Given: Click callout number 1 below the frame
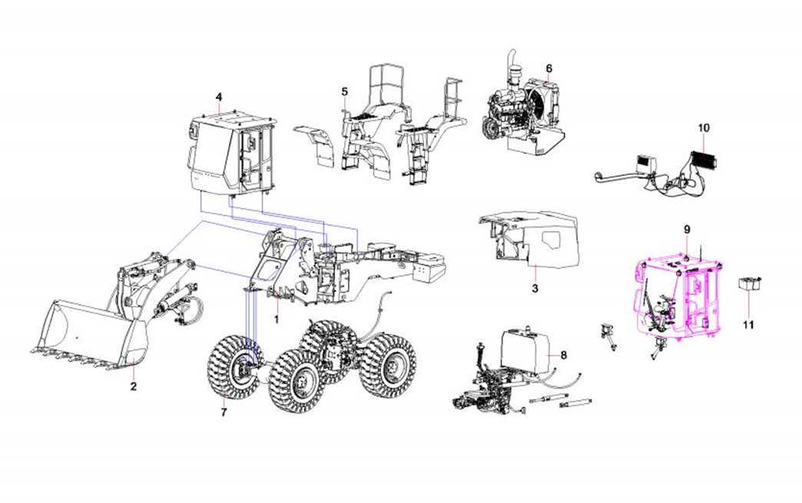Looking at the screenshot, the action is (277, 320).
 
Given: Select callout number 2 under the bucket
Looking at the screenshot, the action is (134, 386).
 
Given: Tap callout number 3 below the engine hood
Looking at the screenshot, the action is (535, 289).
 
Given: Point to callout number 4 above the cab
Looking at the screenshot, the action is (219, 97).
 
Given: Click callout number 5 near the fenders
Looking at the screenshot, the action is (345, 91).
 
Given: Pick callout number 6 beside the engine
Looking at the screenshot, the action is (549, 68).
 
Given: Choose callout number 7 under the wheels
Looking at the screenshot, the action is (224, 412).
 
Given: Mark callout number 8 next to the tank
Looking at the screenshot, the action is (564, 356).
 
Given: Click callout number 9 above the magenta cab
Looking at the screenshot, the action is (687, 230).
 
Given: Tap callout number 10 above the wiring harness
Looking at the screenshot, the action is (704, 127).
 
